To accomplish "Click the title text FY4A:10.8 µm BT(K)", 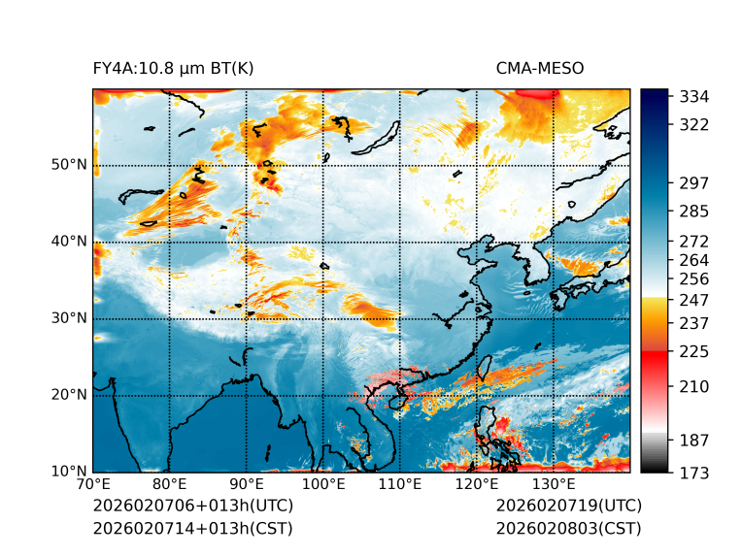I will coord(173,68).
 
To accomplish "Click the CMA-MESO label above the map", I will coord(540,68).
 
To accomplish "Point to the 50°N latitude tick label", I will coord(69,165).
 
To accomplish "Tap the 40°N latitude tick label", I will coord(69,242).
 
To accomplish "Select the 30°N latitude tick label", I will coord(69,318).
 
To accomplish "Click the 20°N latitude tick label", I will coord(69,395).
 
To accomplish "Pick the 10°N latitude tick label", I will coord(69,472).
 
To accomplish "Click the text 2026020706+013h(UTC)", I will coord(192,507).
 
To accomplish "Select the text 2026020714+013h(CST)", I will coord(192,529).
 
